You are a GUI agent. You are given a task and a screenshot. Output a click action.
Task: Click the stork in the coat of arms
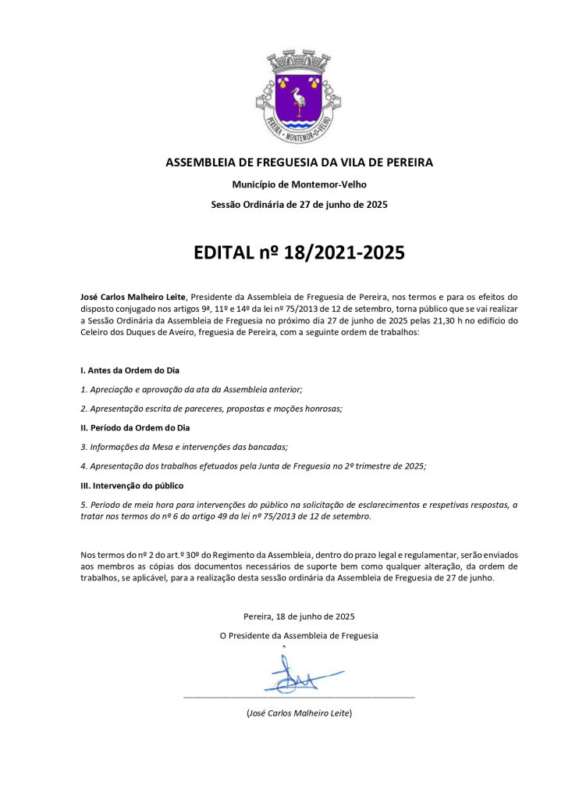tap(298, 100)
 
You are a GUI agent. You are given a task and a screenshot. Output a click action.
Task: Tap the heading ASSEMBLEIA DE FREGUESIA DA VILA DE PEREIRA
tap(299, 162)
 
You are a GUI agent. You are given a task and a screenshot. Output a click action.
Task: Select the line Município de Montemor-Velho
tap(299, 184)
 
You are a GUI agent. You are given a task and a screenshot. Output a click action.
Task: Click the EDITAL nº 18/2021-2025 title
tap(299, 253)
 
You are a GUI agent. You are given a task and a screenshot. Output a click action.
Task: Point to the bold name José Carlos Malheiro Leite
tap(133, 297)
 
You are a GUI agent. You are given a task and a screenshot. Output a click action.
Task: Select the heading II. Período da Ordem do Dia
tap(135, 427)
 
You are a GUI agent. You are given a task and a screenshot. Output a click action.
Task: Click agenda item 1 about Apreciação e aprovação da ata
tap(191, 389)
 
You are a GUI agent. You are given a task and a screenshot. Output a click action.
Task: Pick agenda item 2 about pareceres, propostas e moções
tap(211, 409)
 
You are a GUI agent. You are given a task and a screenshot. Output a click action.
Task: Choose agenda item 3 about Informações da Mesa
tap(184, 447)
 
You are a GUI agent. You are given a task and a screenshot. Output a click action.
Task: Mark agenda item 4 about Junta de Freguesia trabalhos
tap(253, 466)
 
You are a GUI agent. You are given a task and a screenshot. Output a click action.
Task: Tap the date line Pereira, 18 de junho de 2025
tap(299, 616)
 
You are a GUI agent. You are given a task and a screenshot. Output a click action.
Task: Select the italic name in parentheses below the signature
tap(299, 713)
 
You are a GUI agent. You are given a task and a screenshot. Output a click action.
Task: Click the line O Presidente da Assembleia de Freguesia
tap(299, 636)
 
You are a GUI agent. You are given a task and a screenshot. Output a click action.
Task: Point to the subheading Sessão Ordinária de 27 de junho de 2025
tap(299, 205)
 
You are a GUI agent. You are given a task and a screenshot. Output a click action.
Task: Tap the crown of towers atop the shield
tap(299, 62)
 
